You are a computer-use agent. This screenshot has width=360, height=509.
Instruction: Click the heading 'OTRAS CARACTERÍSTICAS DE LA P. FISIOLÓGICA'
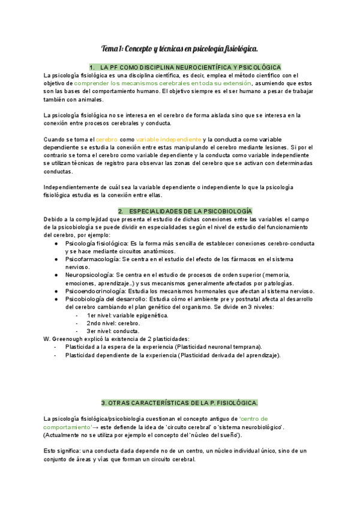[180, 402]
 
